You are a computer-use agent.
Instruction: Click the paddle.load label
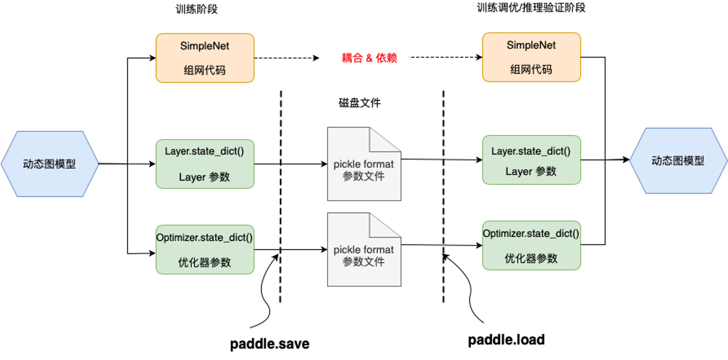(x=506, y=339)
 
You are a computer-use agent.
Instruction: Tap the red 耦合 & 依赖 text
(x=369, y=59)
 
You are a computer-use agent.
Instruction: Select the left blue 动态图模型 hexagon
(x=50, y=164)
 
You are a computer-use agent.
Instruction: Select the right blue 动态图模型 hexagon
(x=678, y=161)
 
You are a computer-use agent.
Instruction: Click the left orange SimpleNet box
(x=205, y=57)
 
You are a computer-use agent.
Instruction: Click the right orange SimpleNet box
(x=531, y=57)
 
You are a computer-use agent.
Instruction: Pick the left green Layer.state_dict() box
(x=205, y=164)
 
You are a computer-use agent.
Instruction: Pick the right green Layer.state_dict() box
(x=531, y=160)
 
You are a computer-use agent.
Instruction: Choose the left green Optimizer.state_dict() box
(x=205, y=249)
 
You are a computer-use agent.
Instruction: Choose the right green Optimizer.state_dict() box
(x=531, y=245)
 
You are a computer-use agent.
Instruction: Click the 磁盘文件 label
(x=356, y=103)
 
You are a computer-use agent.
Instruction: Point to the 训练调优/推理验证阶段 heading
(x=531, y=8)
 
